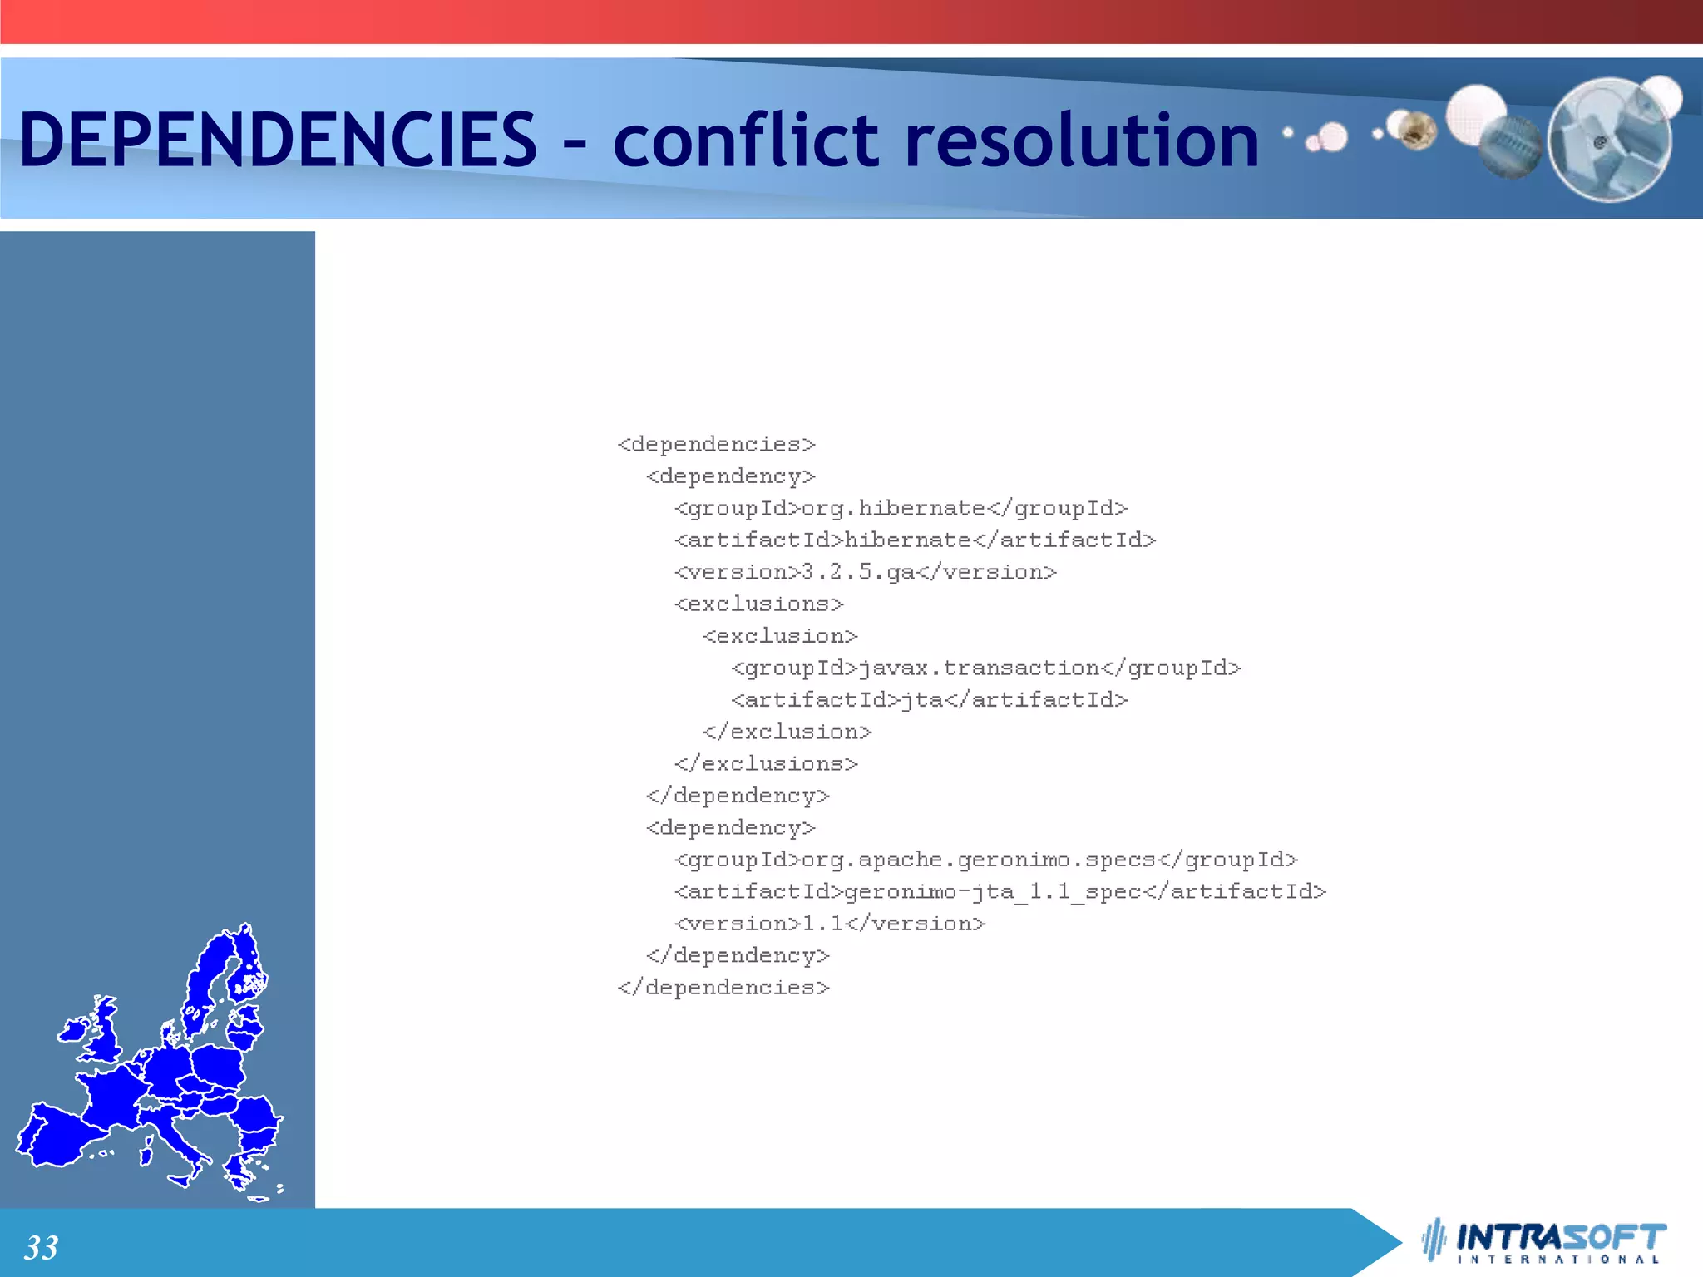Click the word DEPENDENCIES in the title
(278, 139)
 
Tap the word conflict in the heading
(746, 139)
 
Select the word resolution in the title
(1081, 139)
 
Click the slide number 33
(41, 1247)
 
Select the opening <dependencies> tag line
(716, 445)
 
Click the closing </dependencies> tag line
(723, 988)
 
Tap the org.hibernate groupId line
(901, 508)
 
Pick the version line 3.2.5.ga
(865, 572)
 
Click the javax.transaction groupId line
(985, 668)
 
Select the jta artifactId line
(929, 700)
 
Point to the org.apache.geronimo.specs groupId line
(985, 860)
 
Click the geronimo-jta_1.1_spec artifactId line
(1000, 892)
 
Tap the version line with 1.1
(829, 924)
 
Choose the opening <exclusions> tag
(758, 604)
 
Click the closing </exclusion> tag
(787, 732)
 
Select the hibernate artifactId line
(915, 540)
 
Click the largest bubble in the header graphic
(1610, 140)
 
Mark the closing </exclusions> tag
(766, 764)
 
